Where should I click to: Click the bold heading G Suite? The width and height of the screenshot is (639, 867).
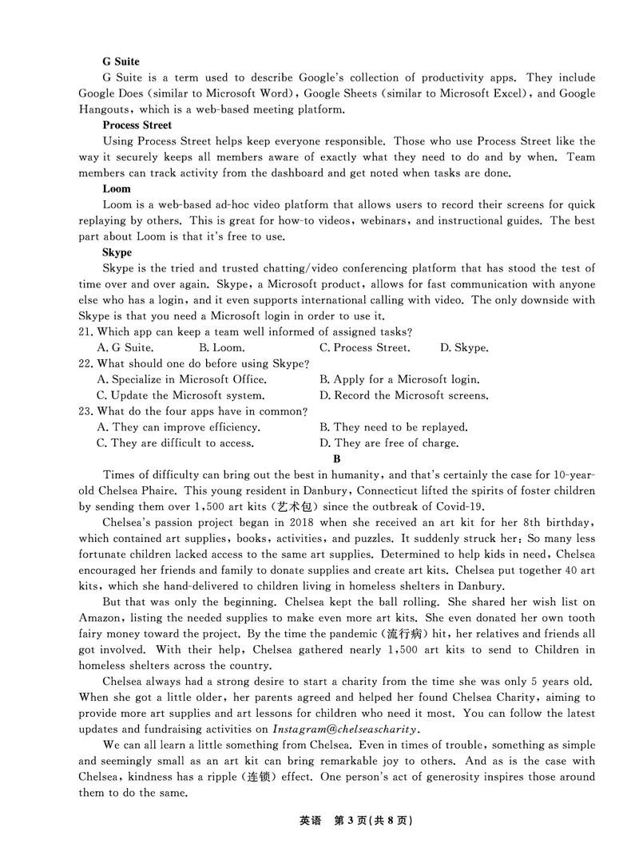click(121, 61)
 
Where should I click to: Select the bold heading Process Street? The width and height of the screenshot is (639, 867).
click(137, 125)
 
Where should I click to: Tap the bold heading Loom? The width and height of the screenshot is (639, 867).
click(117, 189)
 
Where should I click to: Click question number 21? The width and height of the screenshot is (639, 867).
click(86, 331)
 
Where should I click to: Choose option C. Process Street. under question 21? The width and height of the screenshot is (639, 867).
click(365, 347)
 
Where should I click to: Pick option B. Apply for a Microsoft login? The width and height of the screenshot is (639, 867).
click(399, 379)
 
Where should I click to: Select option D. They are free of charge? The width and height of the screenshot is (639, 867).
click(388, 443)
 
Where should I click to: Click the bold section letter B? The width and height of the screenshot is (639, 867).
click(337, 459)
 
